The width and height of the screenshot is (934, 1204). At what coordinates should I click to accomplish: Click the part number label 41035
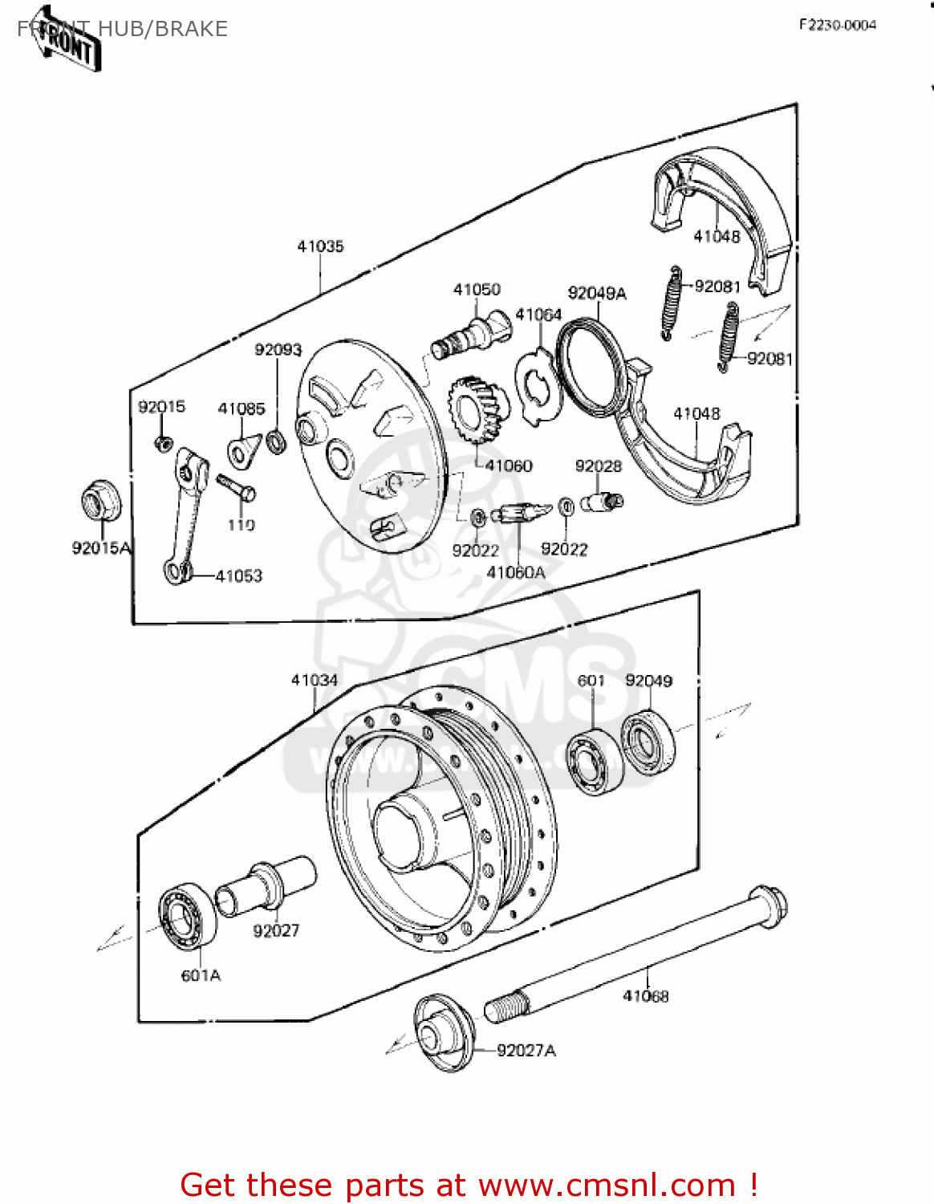pos(320,246)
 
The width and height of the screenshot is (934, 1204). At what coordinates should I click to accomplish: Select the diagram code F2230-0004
pos(837,25)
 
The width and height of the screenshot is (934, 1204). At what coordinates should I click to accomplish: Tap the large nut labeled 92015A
pos(101,502)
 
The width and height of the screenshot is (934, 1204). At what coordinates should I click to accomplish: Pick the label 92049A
pos(596,294)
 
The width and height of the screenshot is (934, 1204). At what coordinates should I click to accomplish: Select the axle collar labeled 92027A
pos(443,1033)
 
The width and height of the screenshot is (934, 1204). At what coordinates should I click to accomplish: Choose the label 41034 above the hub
pos(314,681)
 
